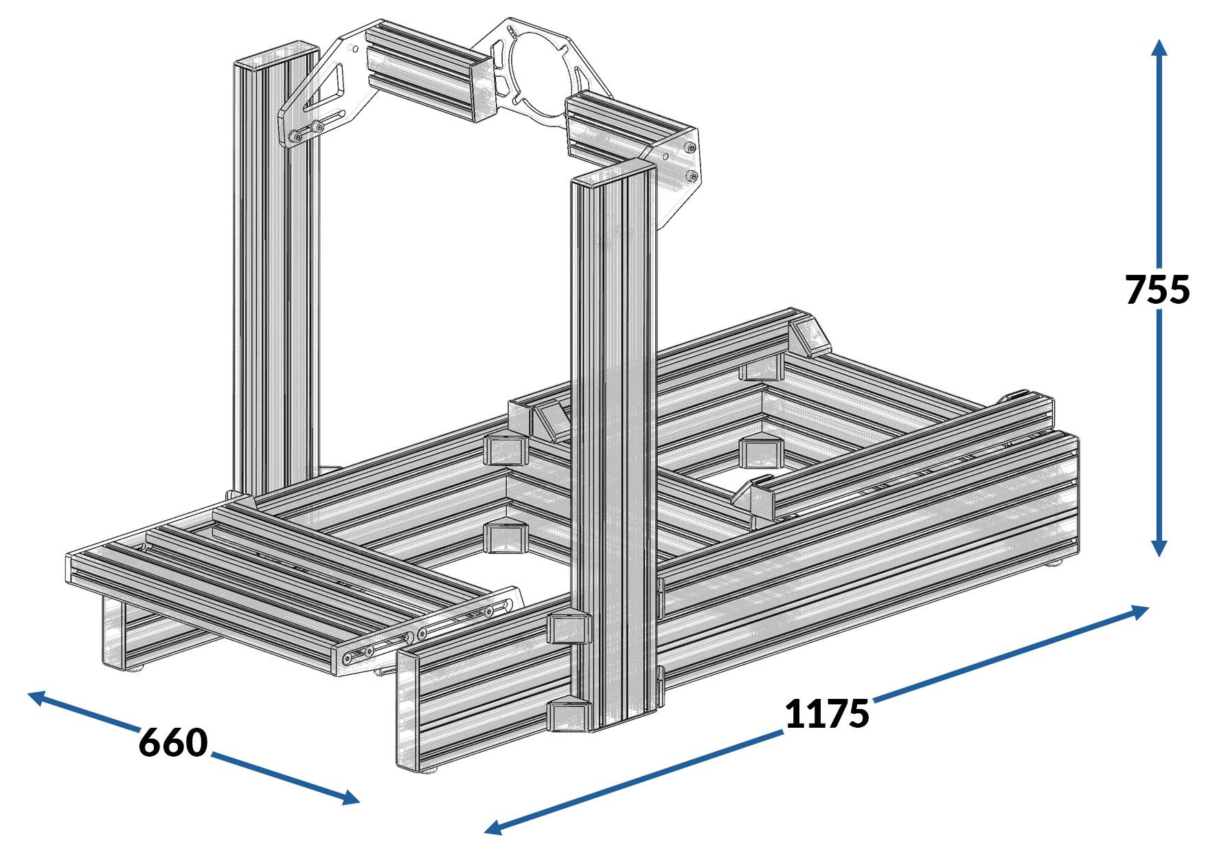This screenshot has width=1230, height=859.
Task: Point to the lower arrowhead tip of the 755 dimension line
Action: (1159, 557)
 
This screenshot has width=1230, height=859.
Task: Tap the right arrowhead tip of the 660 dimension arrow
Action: (359, 801)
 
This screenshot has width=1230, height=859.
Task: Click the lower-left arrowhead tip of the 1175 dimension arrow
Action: (485, 832)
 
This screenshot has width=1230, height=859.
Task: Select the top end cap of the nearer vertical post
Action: (611, 172)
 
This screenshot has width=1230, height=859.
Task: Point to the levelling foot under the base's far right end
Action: (1052, 564)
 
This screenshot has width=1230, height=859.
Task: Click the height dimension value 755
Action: (1158, 290)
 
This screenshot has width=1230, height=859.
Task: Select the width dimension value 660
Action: (173, 743)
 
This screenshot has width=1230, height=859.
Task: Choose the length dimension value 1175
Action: (827, 713)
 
